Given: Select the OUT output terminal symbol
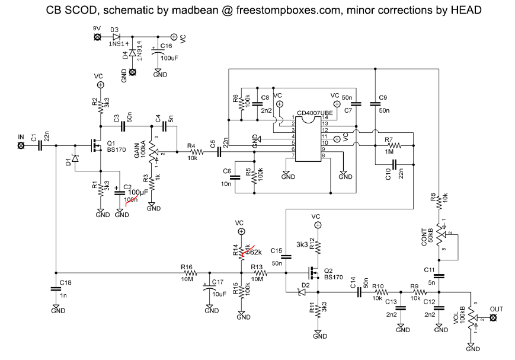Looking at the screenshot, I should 493,318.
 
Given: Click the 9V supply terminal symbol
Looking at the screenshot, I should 97,37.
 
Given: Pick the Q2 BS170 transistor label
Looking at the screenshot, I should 334,274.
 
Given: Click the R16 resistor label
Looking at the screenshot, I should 187,267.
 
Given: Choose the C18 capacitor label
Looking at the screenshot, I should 66,283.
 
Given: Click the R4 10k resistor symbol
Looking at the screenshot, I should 196,152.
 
